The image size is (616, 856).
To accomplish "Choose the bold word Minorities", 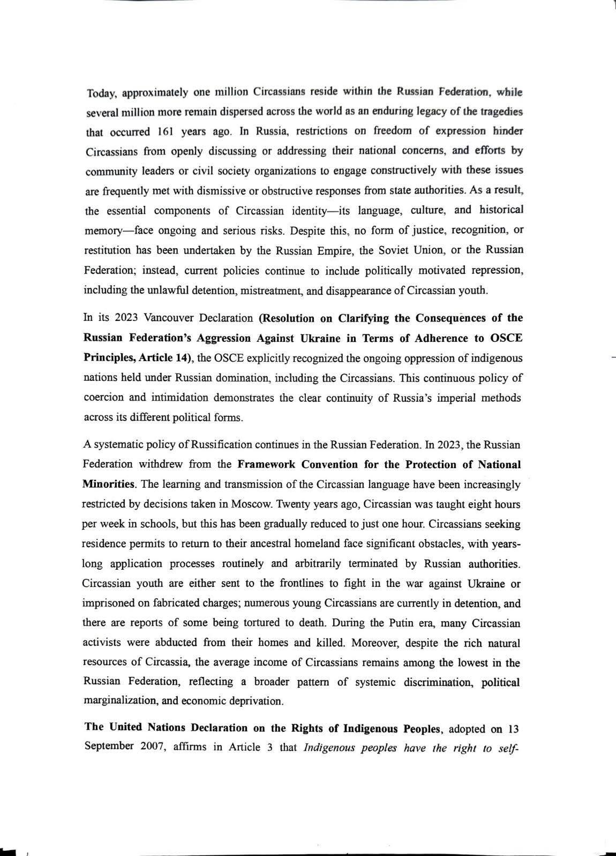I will (109, 484).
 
